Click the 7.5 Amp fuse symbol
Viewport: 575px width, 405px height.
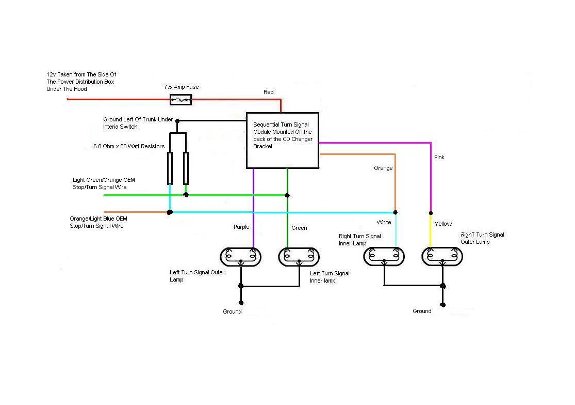click(x=180, y=100)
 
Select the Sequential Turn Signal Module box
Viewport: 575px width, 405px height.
click(x=282, y=140)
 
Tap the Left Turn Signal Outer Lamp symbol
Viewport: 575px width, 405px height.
click(x=240, y=257)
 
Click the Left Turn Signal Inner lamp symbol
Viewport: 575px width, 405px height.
click(x=299, y=257)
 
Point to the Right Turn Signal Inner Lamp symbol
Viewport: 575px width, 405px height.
click(x=384, y=257)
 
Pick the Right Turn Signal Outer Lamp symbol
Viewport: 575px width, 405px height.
click(x=442, y=257)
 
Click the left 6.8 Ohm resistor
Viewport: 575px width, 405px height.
click(x=170, y=168)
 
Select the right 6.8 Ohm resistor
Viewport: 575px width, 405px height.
click(x=186, y=168)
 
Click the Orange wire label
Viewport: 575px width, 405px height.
click(x=383, y=168)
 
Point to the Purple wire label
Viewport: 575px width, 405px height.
click(x=241, y=227)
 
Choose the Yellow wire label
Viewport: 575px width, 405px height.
click(x=443, y=224)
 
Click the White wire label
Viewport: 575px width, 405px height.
click(x=383, y=222)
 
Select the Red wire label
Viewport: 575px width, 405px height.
click(x=269, y=92)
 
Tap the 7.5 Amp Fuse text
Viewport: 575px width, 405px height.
click(x=181, y=87)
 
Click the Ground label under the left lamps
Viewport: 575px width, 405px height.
click(x=232, y=311)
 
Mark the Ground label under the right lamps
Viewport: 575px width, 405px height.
click(x=422, y=311)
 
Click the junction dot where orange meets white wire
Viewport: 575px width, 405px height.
click(x=396, y=212)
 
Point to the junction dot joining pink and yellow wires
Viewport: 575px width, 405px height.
click(x=431, y=212)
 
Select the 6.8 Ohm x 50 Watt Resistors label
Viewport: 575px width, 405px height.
click(x=125, y=147)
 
